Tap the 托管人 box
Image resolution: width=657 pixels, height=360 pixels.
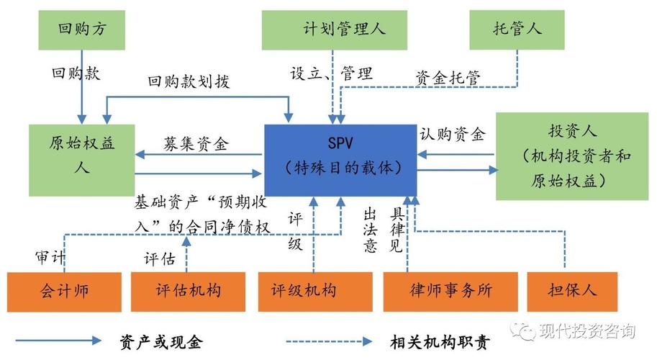tap(517, 30)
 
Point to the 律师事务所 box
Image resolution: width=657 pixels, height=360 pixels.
tap(450, 292)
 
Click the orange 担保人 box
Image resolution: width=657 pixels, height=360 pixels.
tap(572, 292)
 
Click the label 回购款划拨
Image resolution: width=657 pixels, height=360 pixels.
tap(189, 82)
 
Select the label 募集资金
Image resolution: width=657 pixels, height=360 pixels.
tap(196, 144)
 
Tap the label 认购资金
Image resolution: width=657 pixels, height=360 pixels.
tap(452, 134)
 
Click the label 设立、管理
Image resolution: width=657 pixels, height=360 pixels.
tap(331, 73)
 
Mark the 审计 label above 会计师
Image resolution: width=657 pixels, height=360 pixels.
tap(51, 256)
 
